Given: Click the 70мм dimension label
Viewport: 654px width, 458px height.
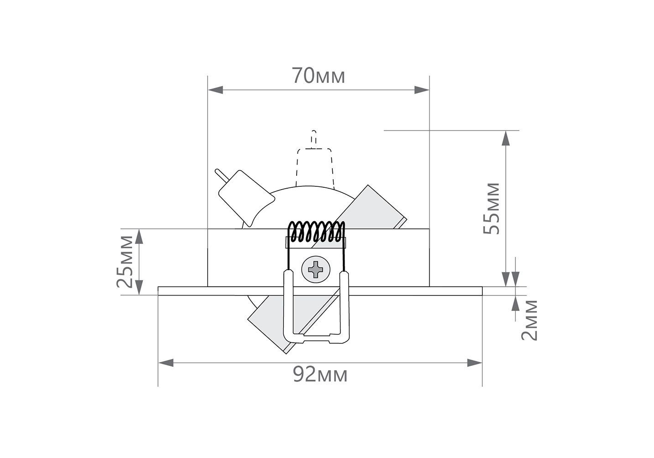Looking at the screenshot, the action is (319, 76).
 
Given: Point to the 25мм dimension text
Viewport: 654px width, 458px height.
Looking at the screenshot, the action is (124, 262).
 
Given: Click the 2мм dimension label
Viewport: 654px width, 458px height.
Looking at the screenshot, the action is (529, 320).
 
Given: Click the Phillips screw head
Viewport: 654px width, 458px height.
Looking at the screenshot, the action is (316, 269).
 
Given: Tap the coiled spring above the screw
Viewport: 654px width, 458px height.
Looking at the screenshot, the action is (316, 232).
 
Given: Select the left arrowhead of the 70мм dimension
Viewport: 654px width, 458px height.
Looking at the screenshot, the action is (216, 90).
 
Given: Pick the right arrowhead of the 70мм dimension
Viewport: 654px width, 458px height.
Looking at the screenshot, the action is (422, 90).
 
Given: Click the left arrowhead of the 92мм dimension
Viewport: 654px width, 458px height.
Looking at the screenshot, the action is (166, 363).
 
